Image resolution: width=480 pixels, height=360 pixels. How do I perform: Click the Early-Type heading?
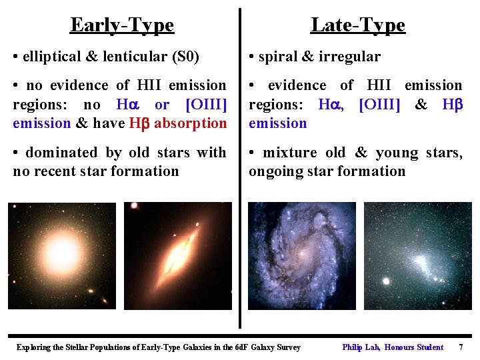[122, 25]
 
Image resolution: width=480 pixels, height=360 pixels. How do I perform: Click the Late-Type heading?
[357, 25]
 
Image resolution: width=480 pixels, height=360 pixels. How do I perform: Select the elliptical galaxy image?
[61, 255]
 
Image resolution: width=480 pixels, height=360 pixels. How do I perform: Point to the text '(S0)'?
[185, 57]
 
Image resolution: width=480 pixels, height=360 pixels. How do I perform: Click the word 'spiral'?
[279, 57]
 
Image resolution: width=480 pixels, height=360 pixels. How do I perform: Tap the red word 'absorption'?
[190, 123]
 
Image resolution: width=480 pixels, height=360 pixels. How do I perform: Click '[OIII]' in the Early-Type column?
[206, 105]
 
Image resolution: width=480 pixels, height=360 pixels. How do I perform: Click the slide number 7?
[461, 347]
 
